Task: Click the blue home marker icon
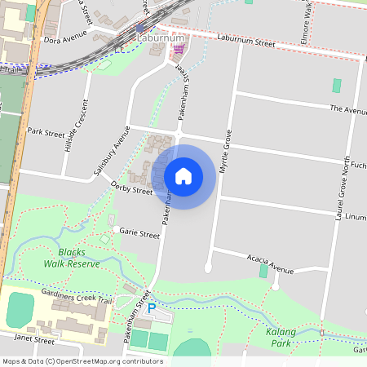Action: tap(183, 176)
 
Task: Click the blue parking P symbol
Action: tap(151, 308)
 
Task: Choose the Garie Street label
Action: tap(139, 234)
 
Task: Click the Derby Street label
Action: tap(131, 190)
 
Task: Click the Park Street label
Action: tap(46, 130)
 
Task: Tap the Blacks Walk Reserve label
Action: tap(72, 258)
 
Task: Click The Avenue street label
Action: tap(348, 108)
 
